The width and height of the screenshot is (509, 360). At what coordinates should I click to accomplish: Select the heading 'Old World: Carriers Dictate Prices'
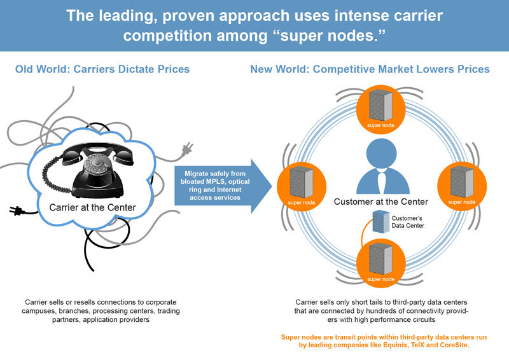(102, 69)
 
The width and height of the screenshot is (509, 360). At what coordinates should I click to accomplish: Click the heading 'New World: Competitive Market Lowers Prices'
(370, 69)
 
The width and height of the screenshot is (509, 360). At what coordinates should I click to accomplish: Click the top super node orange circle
(380, 106)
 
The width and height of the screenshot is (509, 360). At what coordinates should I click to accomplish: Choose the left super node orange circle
(301, 184)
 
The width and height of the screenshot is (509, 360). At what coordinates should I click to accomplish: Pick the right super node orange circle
(461, 184)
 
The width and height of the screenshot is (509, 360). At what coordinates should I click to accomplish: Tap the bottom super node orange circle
(380, 262)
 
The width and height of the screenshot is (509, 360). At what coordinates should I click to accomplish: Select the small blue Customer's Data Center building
(380, 223)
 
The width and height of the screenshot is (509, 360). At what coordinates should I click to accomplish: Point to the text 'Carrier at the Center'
(93, 207)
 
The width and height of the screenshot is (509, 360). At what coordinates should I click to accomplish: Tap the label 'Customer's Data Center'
(407, 222)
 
